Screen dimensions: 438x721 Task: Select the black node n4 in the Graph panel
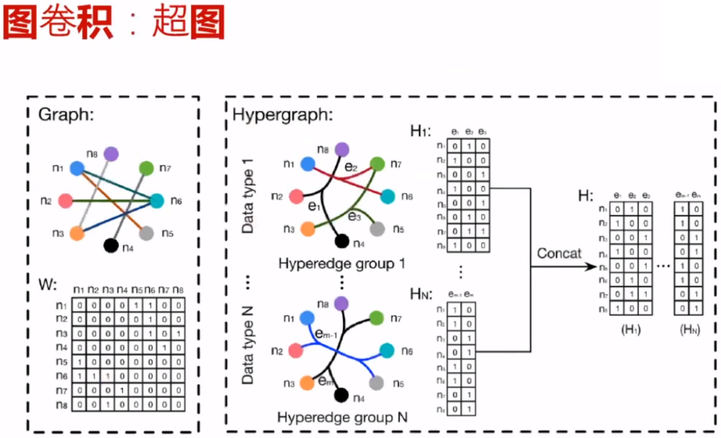(x=111, y=245)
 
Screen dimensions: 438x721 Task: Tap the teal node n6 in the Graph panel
(x=157, y=200)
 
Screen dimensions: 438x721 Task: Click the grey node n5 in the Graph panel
(x=148, y=233)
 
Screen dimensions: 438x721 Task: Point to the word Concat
(x=559, y=254)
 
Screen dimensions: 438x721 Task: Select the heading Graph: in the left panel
(x=65, y=114)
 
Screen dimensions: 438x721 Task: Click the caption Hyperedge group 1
(x=342, y=264)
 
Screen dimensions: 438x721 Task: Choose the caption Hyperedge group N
(x=342, y=418)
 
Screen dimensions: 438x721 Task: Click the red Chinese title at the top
(x=113, y=24)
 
